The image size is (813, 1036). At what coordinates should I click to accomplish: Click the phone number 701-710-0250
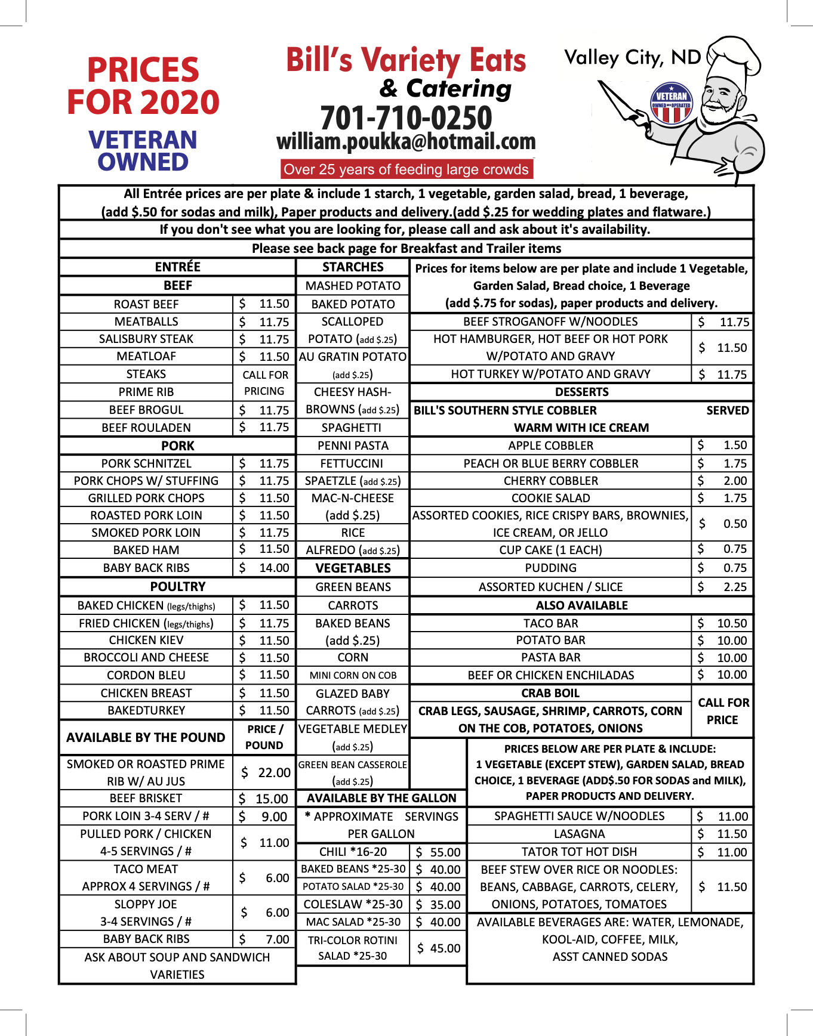[x=406, y=117]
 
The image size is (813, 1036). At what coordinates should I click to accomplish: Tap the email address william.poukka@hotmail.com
[x=406, y=142]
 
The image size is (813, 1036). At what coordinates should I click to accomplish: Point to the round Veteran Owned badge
[x=672, y=103]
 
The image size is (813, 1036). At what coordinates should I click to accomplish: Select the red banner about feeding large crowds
[x=406, y=169]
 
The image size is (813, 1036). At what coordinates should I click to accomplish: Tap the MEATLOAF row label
[x=146, y=356]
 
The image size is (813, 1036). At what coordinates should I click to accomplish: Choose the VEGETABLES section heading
[x=353, y=568]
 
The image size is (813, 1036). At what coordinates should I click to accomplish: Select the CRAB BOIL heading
[x=550, y=693]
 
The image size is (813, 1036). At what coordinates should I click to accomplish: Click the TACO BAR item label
[x=550, y=623]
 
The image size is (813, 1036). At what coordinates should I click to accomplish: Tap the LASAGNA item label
[x=579, y=834]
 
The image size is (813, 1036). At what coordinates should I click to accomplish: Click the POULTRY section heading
[x=177, y=586]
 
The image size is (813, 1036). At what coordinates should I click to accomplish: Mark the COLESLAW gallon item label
[x=353, y=904]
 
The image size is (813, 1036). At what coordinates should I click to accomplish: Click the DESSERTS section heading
[x=581, y=392]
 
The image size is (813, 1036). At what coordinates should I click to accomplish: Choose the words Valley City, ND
[x=632, y=58]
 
